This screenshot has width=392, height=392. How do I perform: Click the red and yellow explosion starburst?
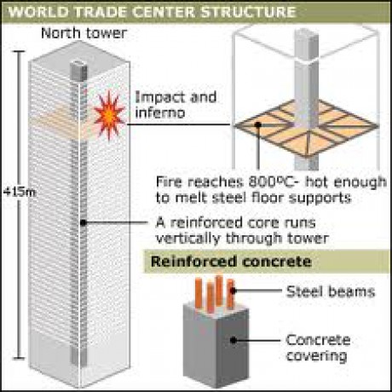click(109, 115)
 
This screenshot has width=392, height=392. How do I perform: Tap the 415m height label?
click(20, 193)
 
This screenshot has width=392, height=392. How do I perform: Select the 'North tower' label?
click(84, 33)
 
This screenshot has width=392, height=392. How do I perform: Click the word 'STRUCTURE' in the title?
click(248, 12)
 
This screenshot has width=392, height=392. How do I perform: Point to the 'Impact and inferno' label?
click(176, 105)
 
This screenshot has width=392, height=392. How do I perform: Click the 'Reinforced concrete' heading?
click(231, 262)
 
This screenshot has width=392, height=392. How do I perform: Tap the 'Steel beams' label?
click(331, 291)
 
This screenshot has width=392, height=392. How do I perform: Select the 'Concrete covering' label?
click(318, 348)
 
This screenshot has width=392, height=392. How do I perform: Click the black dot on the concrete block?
click(233, 340)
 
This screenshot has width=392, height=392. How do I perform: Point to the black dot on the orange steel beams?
click(233, 291)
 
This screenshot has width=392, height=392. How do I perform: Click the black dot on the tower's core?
click(83, 223)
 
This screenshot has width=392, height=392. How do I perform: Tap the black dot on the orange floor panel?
click(258, 124)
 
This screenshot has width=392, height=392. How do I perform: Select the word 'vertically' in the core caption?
click(188, 238)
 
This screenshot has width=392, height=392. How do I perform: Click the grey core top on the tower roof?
click(78, 70)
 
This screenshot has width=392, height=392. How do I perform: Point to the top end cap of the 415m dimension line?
click(19, 51)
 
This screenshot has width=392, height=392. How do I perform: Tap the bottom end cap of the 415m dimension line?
click(19, 358)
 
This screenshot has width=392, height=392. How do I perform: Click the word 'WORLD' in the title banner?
click(38, 12)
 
